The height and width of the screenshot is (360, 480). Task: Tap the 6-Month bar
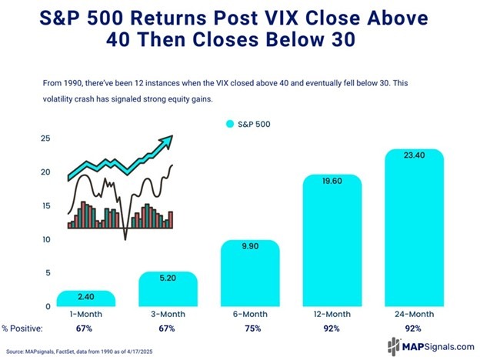[250, 274]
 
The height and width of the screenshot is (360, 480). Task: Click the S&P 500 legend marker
[228, 123]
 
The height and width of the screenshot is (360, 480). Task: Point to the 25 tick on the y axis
[45, 138]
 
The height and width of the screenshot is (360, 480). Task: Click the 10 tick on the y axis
[45, 239]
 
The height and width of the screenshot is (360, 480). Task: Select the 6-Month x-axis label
[250, 315]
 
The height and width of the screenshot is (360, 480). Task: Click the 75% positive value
[250, 329]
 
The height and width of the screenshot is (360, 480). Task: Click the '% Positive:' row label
[24, 329]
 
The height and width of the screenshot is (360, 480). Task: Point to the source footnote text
[85, 350]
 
